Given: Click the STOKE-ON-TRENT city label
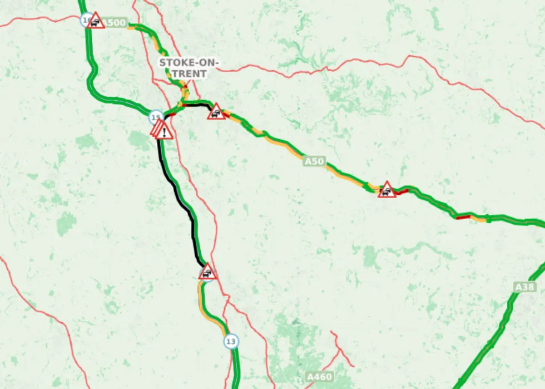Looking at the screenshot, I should pos(189,68).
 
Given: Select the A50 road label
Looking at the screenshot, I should pos(314,162).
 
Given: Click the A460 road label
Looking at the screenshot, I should pos(320,377).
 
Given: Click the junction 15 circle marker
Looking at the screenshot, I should pos(156,117).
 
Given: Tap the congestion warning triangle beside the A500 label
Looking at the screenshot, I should pos(96,21).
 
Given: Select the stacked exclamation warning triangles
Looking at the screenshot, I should pos(162,131).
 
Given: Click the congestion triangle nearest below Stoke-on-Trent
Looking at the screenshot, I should pos(216,112).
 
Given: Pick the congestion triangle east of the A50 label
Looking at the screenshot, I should pos(387,190).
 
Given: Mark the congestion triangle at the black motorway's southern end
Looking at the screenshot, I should pos(207,272).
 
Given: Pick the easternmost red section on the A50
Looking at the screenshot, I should pos(463,216).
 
